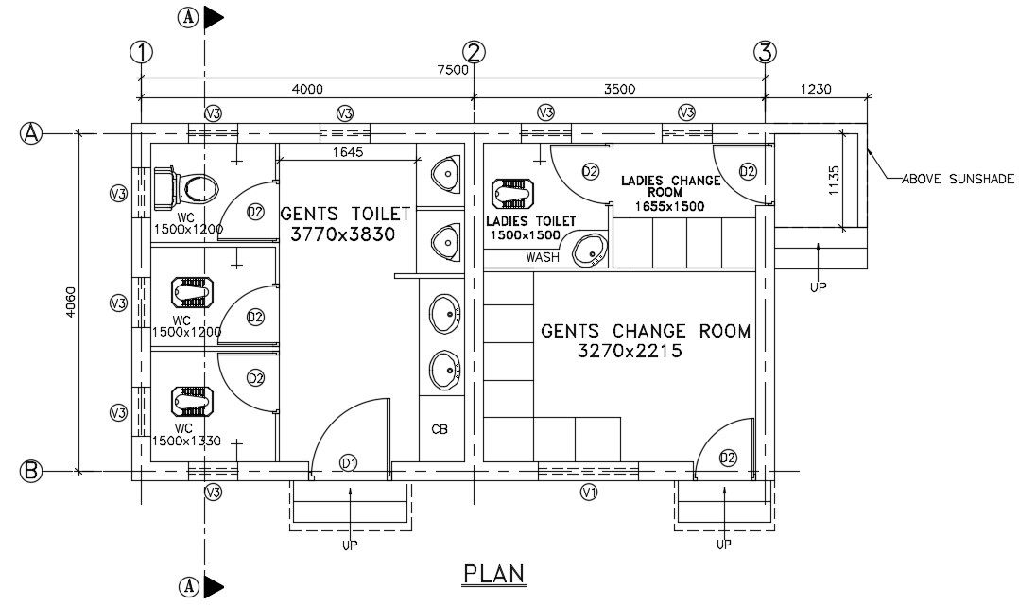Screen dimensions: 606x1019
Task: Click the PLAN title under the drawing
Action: tap(493, 574)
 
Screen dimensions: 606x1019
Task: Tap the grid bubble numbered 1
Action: tap(142, 52)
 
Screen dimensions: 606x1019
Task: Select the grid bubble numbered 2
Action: tap(475, 52)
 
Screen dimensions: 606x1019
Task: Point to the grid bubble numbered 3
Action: tap(765, 52)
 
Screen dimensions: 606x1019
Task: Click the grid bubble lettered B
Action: tap(31, 471)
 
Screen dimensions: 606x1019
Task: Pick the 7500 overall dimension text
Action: tap(452, 69)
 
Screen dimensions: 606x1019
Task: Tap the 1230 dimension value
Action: tap(815, 90)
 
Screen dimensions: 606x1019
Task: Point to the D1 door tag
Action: tap(349, 461)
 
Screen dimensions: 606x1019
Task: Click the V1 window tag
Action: tap(589, 492)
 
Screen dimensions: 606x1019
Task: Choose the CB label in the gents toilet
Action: tap(440, 429)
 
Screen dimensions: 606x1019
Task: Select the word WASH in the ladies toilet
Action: tap(542, 257)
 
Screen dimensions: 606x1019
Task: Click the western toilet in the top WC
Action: tap(186, 186)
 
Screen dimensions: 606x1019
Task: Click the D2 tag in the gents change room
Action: tap(728, 459)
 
